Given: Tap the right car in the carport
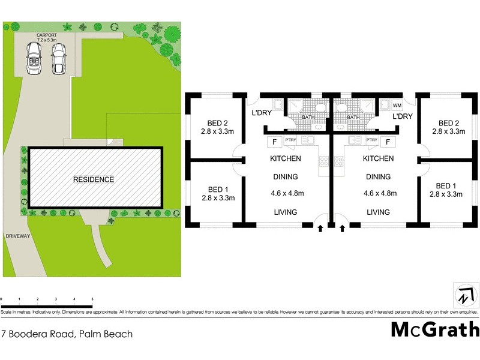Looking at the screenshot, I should click(58, 58).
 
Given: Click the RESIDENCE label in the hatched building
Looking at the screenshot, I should click(93, 179).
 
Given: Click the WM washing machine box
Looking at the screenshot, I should click(397, 106).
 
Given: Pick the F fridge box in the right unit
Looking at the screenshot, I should click(388, 142).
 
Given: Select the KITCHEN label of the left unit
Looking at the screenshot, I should click(285, 159).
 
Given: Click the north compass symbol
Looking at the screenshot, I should click(466, 296).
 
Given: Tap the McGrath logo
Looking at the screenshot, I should click(435, 329).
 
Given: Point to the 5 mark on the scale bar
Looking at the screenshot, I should click(92, 299).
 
